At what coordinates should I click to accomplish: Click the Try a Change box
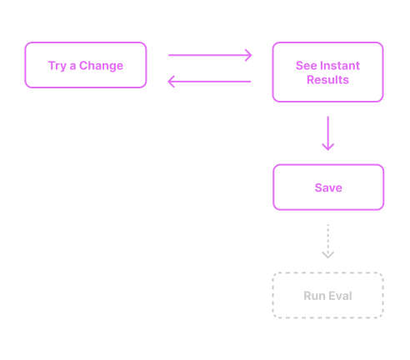86,65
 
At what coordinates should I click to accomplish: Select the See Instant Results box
327,72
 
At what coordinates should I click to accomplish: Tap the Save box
328,187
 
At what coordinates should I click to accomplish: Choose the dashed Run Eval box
327,296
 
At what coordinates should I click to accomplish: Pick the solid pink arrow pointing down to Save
327,132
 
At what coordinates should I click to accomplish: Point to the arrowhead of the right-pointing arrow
247,56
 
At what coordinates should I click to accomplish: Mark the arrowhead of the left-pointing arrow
172,81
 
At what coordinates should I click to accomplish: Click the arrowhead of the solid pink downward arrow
327,146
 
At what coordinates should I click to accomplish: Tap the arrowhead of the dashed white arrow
327,253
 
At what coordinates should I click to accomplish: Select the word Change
102,66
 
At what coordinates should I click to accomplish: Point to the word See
306,66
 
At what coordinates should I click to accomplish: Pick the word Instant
340,66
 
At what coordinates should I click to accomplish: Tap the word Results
327,80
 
